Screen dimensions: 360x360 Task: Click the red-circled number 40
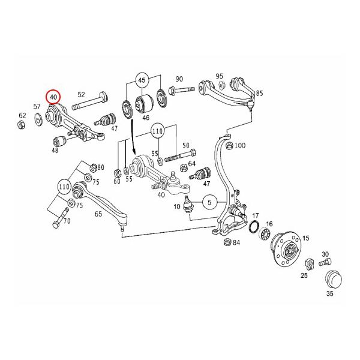tap(53, 97)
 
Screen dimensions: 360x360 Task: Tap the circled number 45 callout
tap(142, 80)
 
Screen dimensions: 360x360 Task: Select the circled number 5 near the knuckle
tap(209, 202)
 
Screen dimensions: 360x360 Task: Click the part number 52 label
tap(81, 94)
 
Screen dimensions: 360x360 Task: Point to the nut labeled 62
tap(21, 125)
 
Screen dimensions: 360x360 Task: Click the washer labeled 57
tap(38, 119)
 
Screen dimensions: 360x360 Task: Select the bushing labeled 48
tap(59, 142)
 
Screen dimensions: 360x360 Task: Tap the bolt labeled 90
tap(182, 89)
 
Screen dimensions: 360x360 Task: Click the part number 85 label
tap(259, 93)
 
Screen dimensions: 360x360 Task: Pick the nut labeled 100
tap(229, 146)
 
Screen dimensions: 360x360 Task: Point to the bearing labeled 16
tap(265, 233)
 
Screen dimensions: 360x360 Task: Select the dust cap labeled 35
tap(334, 280)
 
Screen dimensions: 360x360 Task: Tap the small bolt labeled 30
tap(325, 262)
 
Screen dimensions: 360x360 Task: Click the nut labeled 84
tap(227, 242)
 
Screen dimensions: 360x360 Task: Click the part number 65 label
tap(98, 214)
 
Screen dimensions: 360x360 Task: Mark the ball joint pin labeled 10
tap(188, 203)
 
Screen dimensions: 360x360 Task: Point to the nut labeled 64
tap(184, 168)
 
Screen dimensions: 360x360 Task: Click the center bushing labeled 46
tap(145, 103)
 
